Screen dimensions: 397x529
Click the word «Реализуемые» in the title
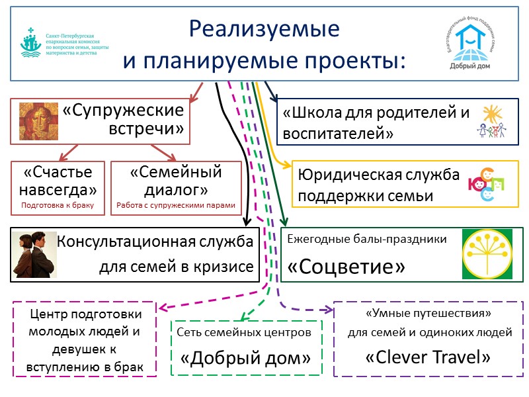264,30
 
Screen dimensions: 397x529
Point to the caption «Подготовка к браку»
58,205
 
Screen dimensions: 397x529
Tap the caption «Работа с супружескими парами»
176,205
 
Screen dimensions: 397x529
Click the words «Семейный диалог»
176,181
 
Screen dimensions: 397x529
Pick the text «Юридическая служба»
379,175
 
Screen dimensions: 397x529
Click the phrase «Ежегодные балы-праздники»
367,238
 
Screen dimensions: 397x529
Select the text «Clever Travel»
428,357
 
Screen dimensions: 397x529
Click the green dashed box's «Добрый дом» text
246,358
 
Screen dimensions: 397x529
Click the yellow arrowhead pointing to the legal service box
286,165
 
